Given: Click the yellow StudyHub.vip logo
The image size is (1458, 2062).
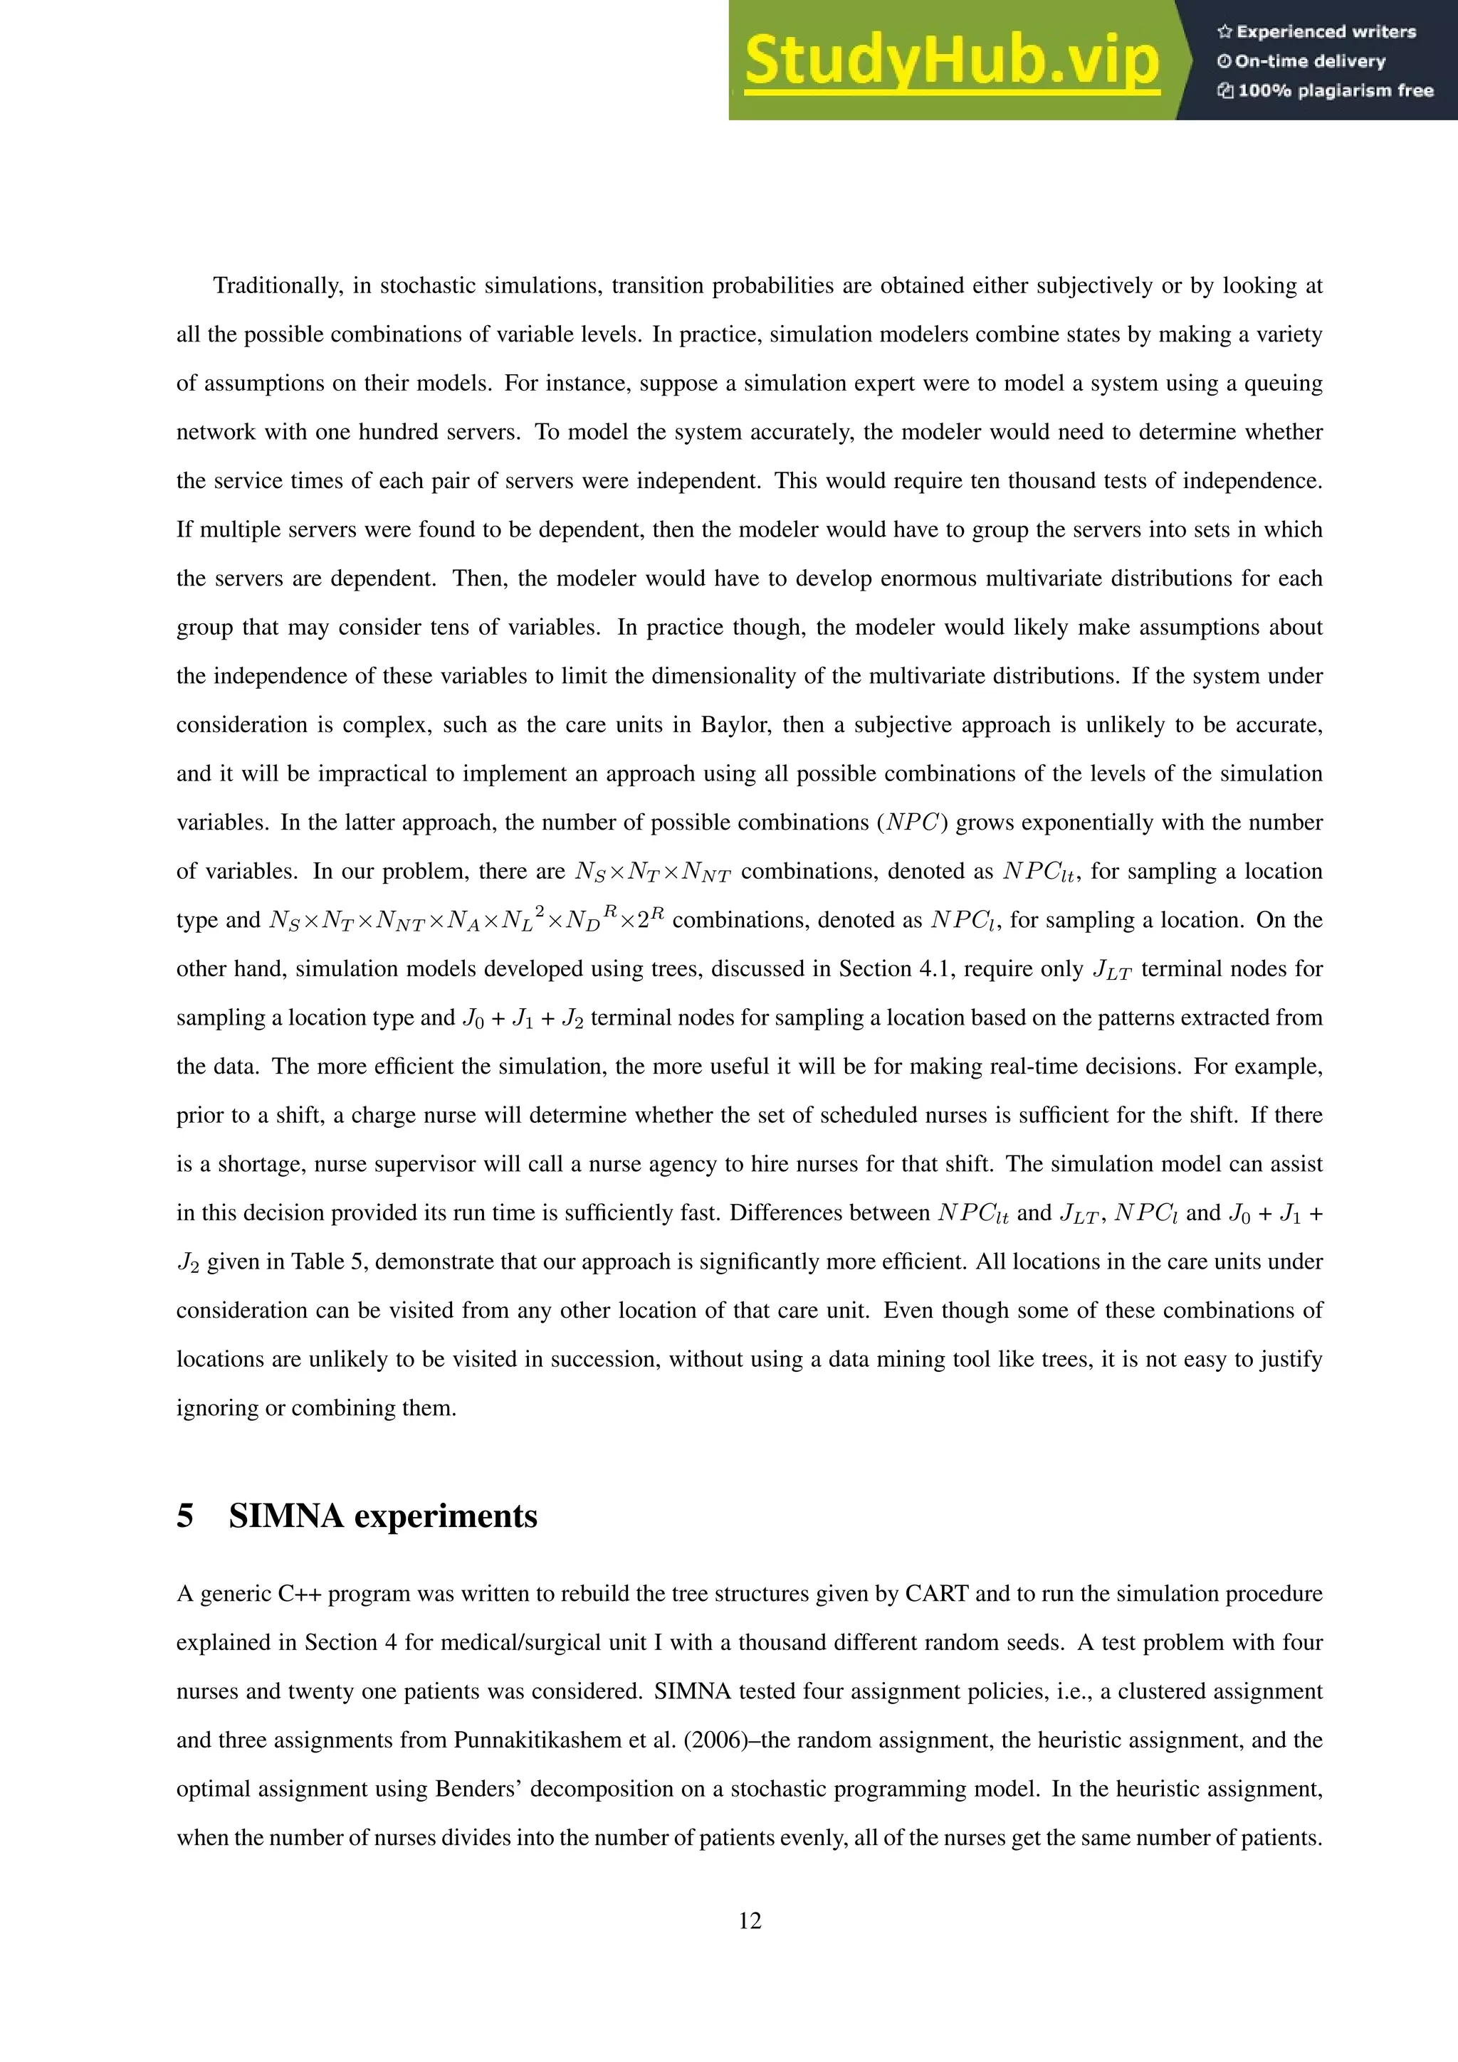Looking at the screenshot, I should coord(951,61).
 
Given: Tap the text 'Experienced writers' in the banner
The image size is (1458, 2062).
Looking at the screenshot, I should coord(1325,32).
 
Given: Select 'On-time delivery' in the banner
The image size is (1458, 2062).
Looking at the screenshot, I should coord(1309,61).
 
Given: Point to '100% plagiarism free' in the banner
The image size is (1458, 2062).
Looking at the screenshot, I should coord(1334,90).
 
